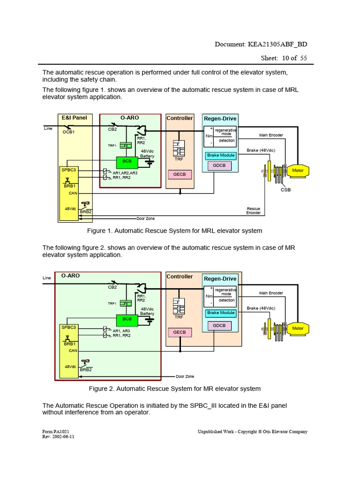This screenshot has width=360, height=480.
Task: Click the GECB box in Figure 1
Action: [180, 174]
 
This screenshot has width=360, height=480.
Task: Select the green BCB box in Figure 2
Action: [127, 319]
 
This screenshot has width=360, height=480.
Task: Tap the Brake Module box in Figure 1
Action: [221, 155]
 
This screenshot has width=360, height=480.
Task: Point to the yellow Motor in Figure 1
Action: [298, 171]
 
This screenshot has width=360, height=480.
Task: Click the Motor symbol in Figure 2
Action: [298, 329]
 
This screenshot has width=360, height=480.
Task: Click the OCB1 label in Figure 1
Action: [69, 132]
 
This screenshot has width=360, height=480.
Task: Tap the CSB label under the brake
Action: [285, 190]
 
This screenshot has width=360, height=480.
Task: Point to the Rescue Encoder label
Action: [253, 210]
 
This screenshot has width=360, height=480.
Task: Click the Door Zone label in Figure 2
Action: [185, 376]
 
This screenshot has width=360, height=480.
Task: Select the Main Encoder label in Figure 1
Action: [271, 135]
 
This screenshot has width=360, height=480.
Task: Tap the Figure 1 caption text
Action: [175, 231]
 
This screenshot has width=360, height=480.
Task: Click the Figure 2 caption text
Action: [175, 389]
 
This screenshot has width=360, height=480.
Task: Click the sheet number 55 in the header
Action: [303, 58]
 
